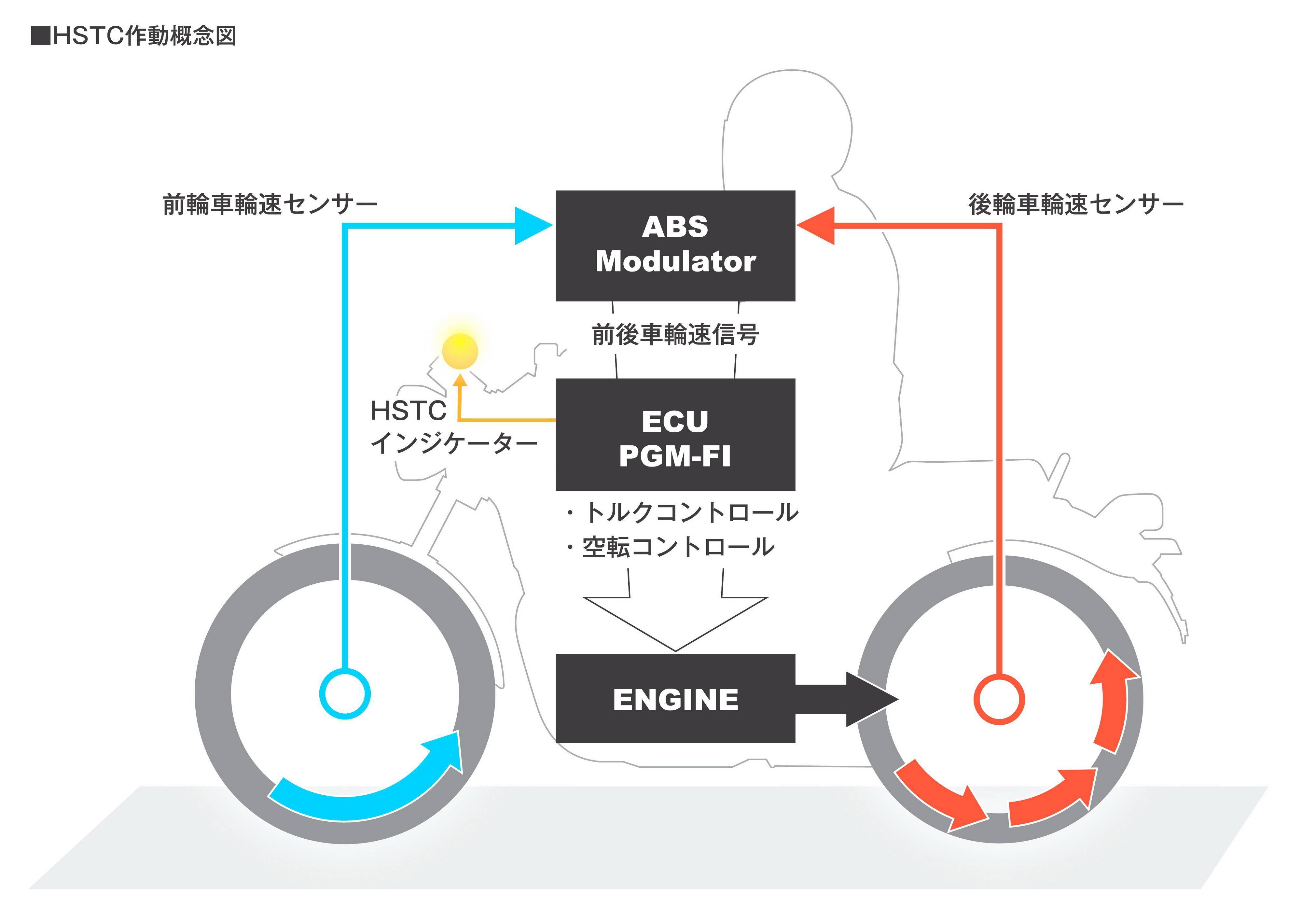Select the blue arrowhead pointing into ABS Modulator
[x=531, y=226]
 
